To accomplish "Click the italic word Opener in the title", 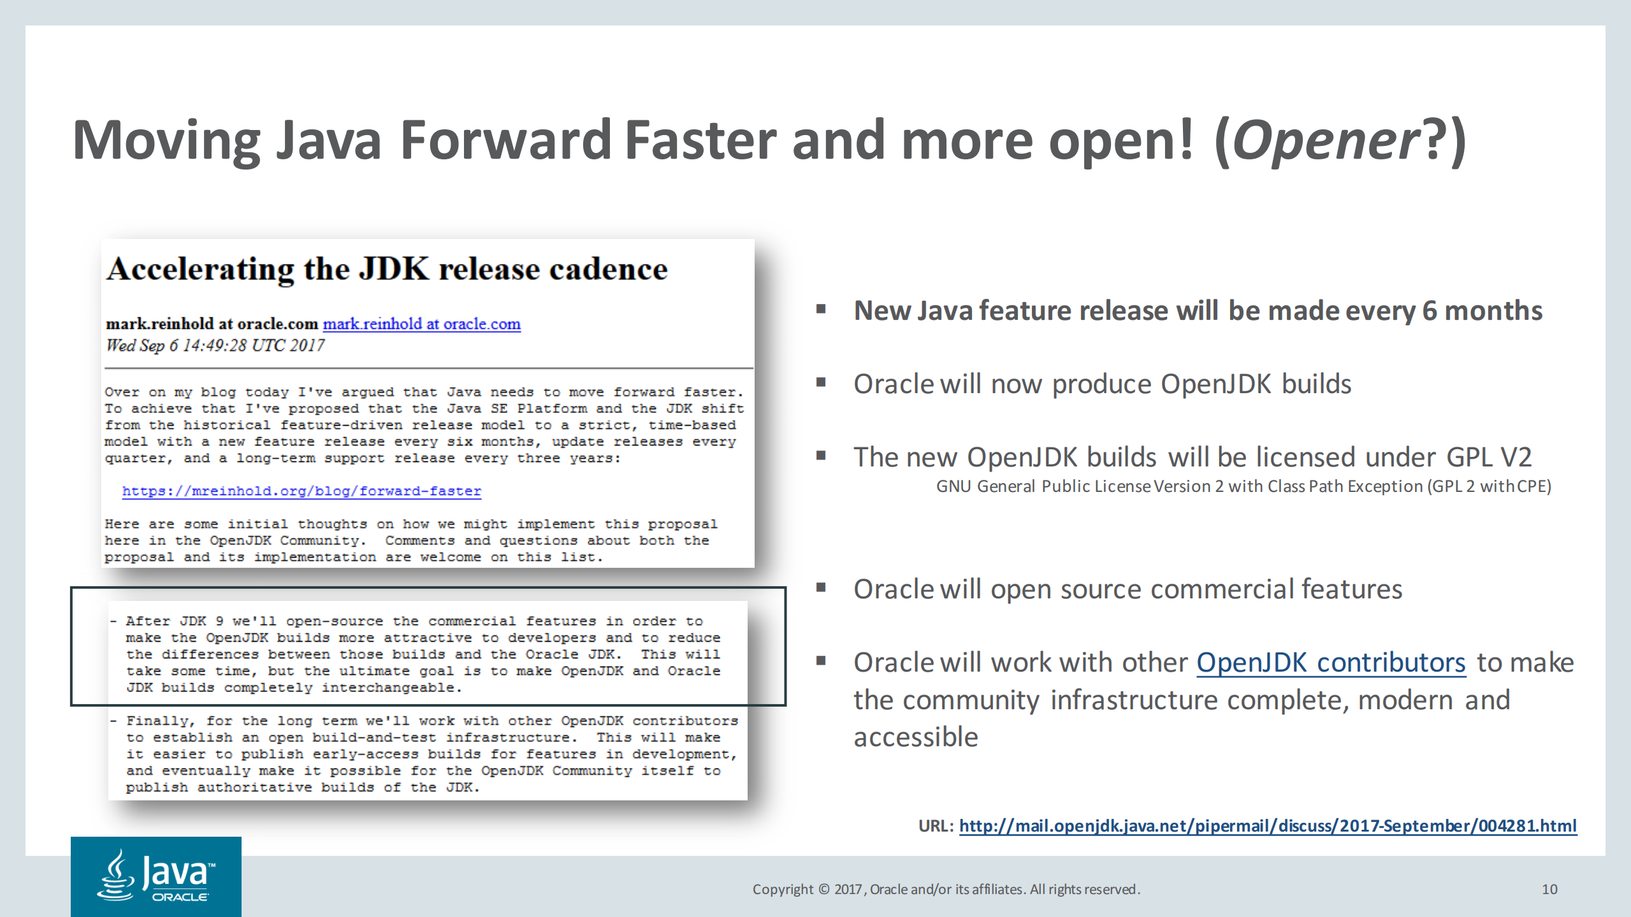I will (x=1326, y=141).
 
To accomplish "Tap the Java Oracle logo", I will (x=156, y=876).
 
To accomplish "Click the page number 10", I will (x=1549, y=889).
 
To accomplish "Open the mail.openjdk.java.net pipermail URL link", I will (x=1268, y=826).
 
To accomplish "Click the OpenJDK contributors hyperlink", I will (x=1331, y=663).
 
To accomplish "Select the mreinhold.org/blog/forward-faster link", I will (x=301, y=491).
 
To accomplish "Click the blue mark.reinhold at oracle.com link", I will (x=421, y=324).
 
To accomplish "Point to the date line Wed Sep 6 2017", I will (x=215, y=345).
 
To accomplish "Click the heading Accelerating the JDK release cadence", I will (x=387, y=269).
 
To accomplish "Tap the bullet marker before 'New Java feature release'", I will (x=821, y=310).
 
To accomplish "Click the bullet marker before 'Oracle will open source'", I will (x=821, y=588).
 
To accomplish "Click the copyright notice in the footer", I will (x=946, y=889).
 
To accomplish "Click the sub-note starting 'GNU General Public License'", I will (x=1243, y=486).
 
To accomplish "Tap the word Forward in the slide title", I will (x=507, y=141).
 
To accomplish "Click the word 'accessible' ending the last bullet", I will (x=915, y=737).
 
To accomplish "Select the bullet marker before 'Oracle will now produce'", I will (x=821, y=382).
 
